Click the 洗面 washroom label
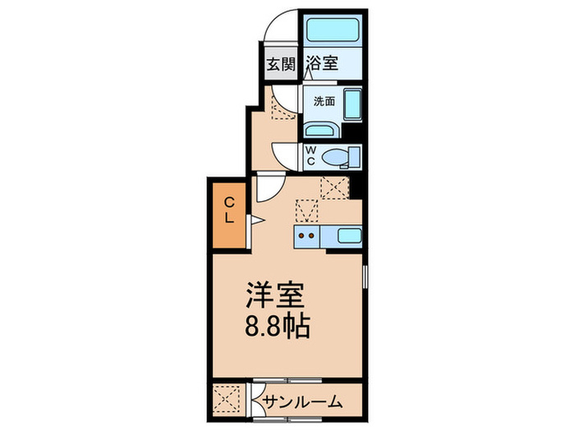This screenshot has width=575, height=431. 323,103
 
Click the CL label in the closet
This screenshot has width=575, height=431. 231,212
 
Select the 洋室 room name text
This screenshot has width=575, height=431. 275,296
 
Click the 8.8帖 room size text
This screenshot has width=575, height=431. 276,328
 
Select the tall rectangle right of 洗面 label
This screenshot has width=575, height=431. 352,107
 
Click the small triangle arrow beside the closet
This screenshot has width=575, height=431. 255,219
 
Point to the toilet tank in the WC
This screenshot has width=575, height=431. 354,156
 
